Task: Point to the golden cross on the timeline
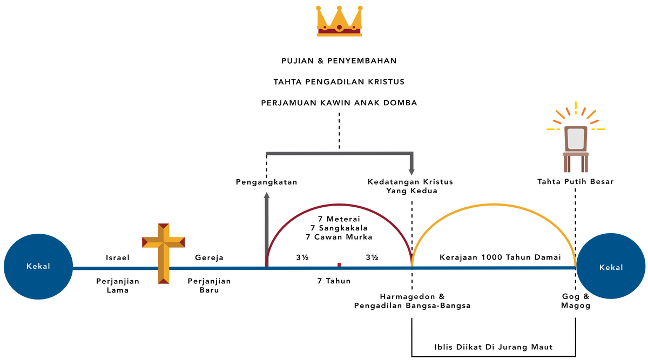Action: pyautogui.click(x=163, y=252)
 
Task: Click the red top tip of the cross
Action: pyautogui.click(x=163, y=224)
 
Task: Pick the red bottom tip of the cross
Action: pyautogui.click(x=163, y=281)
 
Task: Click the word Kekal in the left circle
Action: pyautogui.click(x=38, y=266)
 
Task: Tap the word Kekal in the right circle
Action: pyautogui.click(x=611, y=267)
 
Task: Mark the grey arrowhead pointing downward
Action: pyautogui.click(x=411, y=172)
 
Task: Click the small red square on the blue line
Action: pyautogui.click(x=339, y=264)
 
